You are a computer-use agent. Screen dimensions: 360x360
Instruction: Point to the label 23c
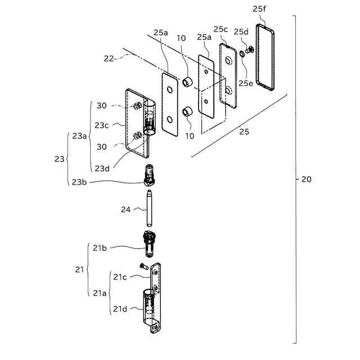coord(102,125)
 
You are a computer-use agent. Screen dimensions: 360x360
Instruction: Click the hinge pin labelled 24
coord(150,208)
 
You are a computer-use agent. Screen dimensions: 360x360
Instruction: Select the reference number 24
coord(126,210)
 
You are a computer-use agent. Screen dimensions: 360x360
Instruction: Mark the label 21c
coord(119,277)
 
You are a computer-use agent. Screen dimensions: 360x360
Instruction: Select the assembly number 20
coord(306,180)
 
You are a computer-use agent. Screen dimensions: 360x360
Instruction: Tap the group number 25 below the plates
coord(242,132)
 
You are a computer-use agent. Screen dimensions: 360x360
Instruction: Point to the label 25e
coord(245,83)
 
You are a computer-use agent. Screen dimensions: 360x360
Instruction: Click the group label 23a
coord(80,136)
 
